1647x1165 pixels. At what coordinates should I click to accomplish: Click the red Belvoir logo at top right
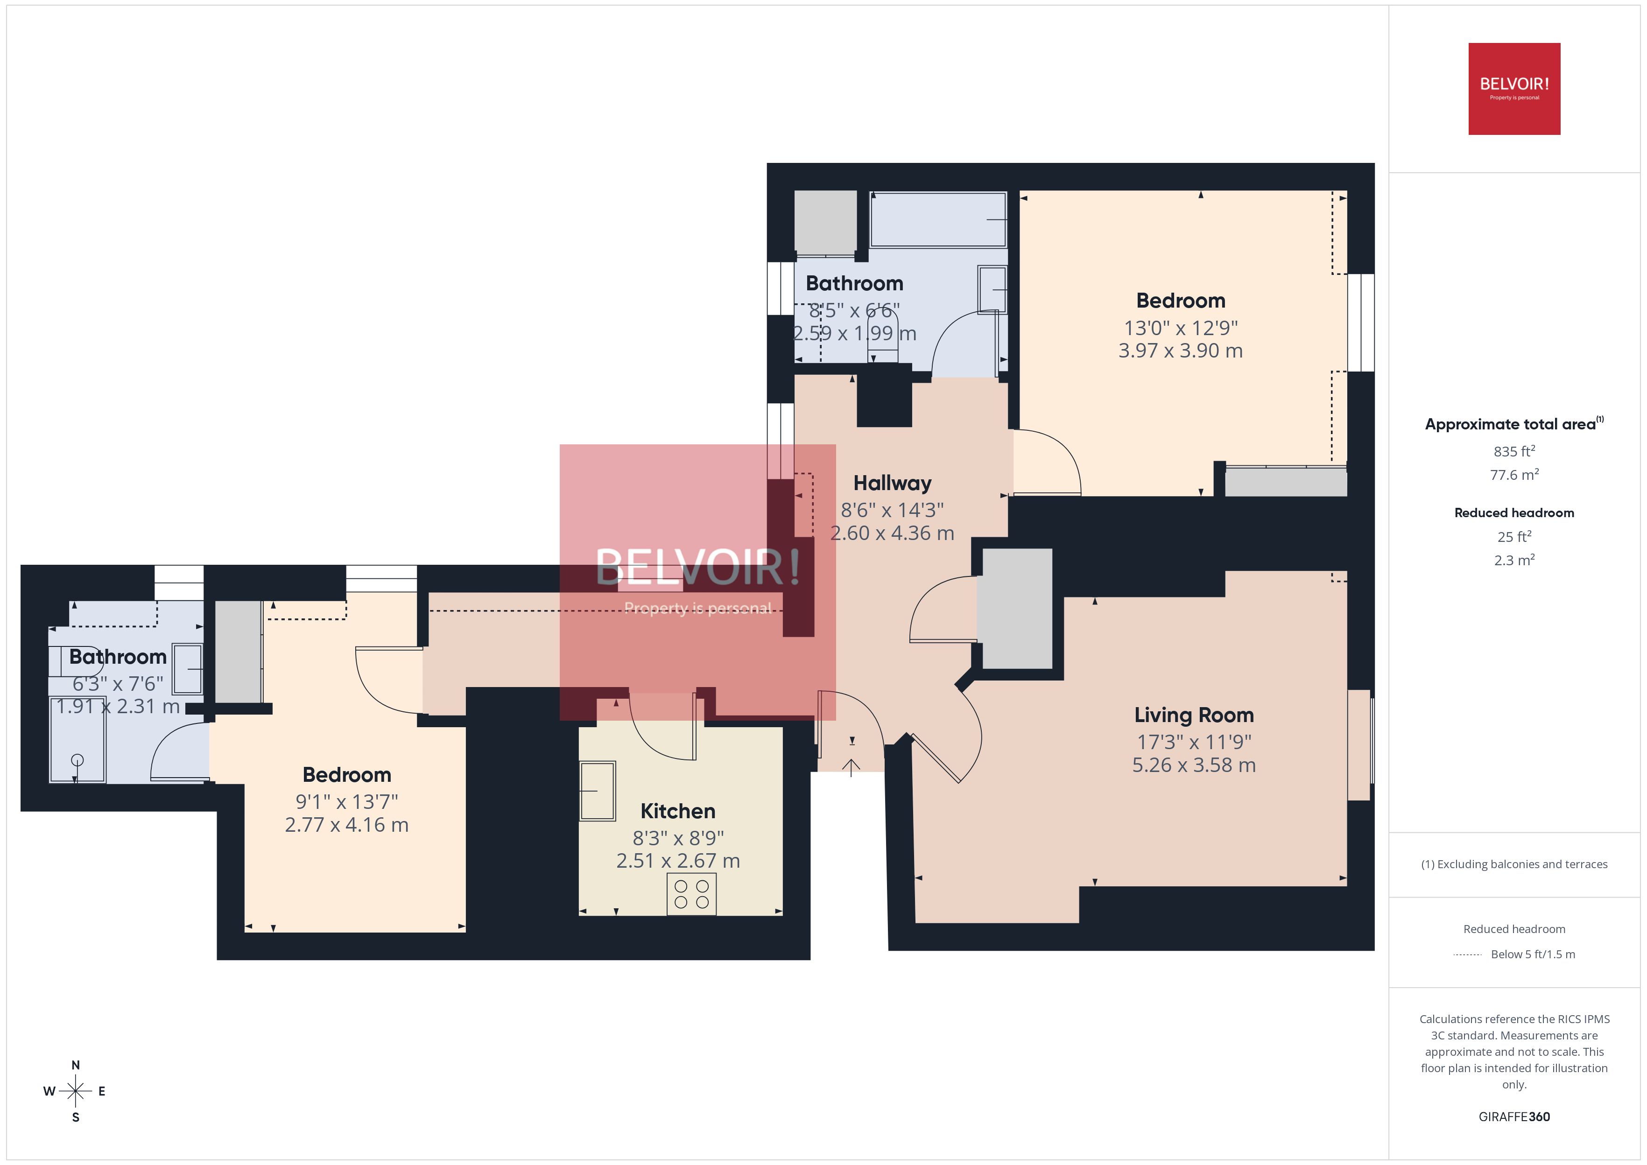tap(1513, 89)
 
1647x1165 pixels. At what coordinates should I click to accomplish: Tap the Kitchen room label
tap(677, 811)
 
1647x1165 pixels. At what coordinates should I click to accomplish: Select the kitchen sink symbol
tap(597, 791)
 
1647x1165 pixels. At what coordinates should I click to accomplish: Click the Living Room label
tap(1194, 715)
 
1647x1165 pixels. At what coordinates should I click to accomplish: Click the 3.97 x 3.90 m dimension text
tap(1180, 351)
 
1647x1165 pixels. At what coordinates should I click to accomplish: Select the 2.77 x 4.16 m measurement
tap(346, 825)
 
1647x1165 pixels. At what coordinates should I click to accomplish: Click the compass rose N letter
tap(75, 1065)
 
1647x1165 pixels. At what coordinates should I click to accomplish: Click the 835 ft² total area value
tap(1513, 451)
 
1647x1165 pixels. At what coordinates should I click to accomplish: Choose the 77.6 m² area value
tap(1513, 475)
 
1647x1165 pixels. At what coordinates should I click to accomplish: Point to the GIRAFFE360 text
tap(1513, 1117)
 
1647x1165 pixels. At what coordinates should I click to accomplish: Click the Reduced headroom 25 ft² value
tap(1513, 537)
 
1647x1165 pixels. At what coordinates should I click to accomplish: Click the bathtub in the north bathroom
tap(937, 219)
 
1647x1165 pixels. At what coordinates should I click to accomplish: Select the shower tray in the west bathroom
tap(77, 739)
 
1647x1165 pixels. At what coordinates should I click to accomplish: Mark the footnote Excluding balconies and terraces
tap(1513, 864)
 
